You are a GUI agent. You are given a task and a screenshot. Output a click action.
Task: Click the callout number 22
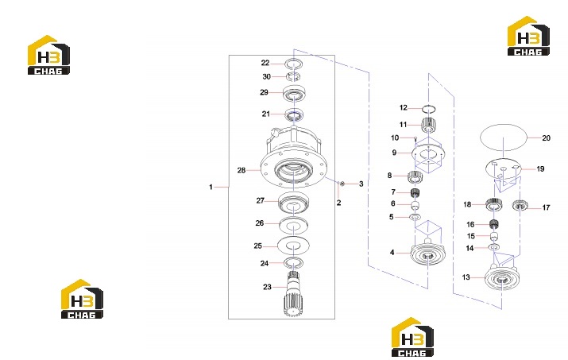coord(265,63)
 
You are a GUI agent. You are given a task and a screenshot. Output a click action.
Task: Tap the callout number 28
coord(241,170)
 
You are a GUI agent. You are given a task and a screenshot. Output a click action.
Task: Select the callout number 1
coord(211,187)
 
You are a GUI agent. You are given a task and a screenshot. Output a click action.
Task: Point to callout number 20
coord(546,137)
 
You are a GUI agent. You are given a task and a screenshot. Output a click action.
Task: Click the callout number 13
coord(466,277)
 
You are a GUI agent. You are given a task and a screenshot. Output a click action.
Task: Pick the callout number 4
coord(392,253)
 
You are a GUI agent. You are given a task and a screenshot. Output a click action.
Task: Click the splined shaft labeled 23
coord(293,294)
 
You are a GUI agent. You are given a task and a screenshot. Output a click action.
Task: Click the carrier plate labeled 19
coord(503,168)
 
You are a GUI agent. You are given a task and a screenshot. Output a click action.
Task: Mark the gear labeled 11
coord(428,126)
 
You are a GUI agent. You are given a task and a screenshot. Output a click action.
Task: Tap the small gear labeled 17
coord(519,206)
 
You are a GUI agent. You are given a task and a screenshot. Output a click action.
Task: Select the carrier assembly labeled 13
coord(501,277)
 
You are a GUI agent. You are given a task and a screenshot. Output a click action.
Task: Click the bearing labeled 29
coord(295,93)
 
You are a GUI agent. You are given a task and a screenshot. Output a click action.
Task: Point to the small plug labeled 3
coord(342,184)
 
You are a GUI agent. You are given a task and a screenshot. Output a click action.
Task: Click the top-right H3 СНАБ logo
coord(528,37)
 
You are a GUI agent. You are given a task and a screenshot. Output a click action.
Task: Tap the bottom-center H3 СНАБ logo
coord(412,337)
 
